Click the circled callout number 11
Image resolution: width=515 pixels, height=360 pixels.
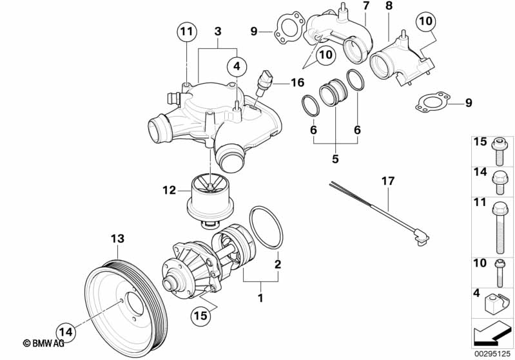click(x=186, y=32)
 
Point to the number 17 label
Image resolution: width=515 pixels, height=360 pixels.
click(x=387, y=182)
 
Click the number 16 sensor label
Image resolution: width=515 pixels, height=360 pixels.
click(x=296, y=82)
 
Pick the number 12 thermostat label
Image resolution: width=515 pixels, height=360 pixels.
click(x=168, y=190)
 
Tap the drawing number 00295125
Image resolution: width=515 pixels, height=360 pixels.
click(x=492, y=353)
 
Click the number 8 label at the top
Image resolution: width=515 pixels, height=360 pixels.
click(x=388, y=6)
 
